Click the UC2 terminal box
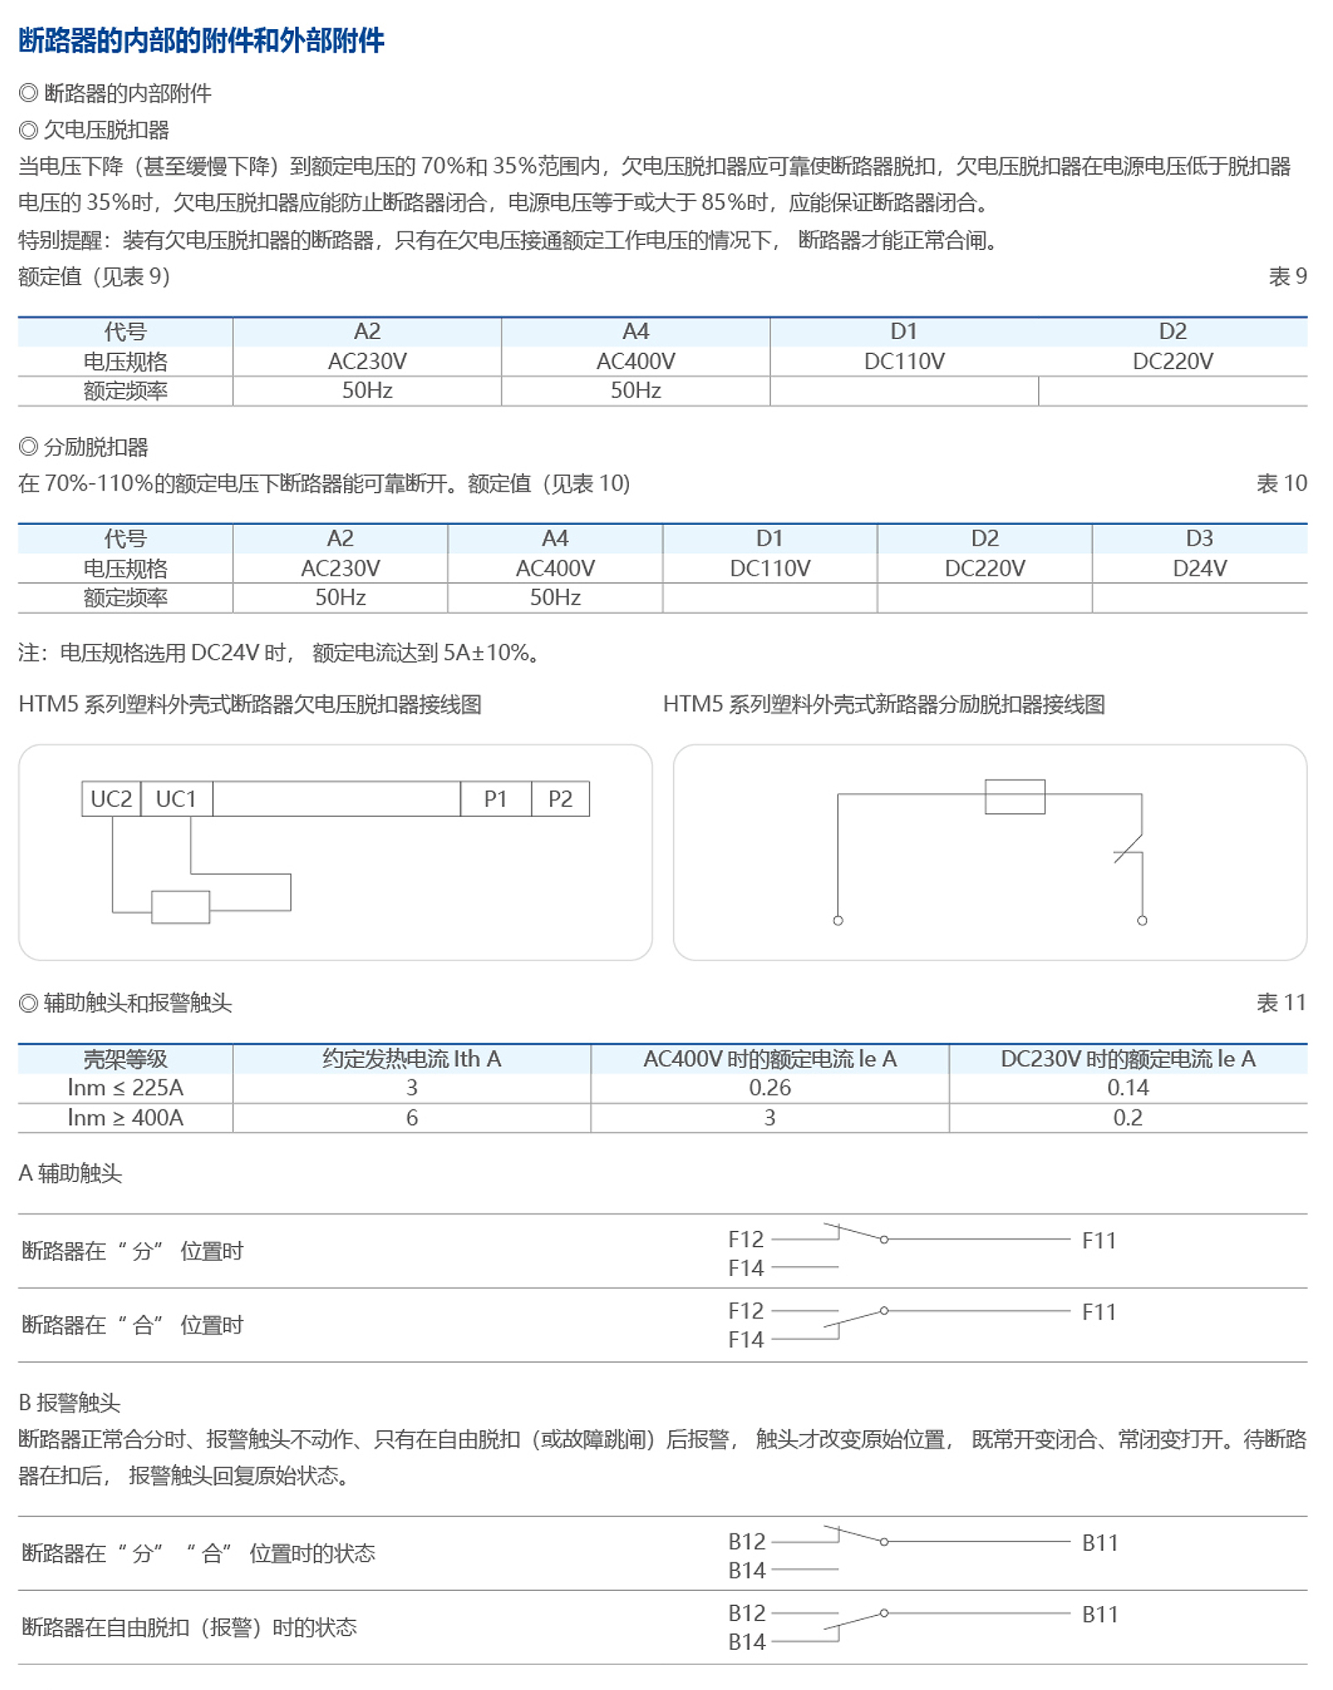click(x=111, y=799)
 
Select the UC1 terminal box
click(x=176, y=799)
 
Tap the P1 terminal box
click(x=496, y=799)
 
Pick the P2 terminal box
click(x=560, y=799)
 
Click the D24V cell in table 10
click(x=1199, y=568)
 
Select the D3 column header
click(x=1199, y=538)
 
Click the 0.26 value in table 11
click(x=769, y=1088)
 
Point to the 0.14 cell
click(x=1127, y=1088)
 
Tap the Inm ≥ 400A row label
click(x=125, y=1118)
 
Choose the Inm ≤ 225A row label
click(x=125, y=1088)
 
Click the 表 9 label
click(x=1287, y=277)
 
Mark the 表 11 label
click(x=1281, y=1003)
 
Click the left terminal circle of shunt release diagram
click(x=838, y=920)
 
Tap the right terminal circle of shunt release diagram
click(x=1142, y=920)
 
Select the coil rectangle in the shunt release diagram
click(x=1015, y=796)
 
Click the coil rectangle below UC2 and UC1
click(x=180, y=907)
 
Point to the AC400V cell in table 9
click(x=636, y=361)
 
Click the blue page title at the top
click(x=201, y=40)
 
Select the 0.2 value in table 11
click(x=1127, y=1118)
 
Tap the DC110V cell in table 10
click(x=769, y=568)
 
